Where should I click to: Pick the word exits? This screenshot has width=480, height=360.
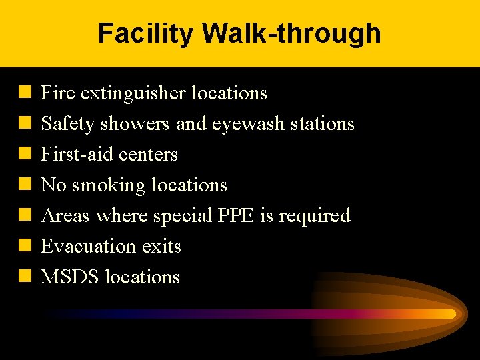point(161,247)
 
